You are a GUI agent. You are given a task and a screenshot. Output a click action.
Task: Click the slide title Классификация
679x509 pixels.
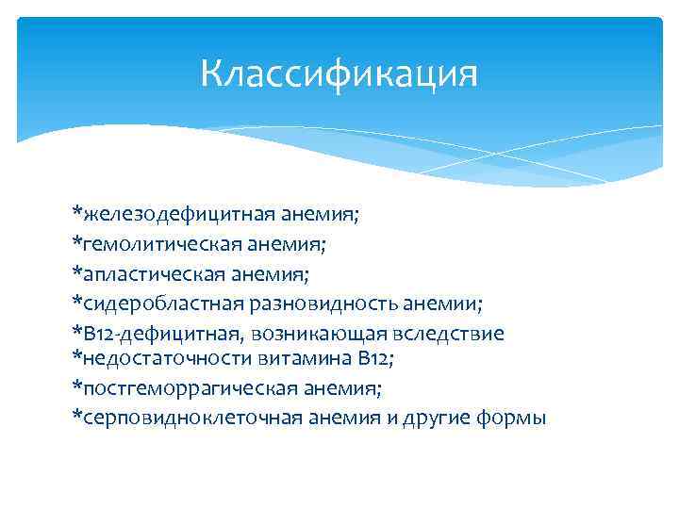pyautogui.click(x=339, y=73)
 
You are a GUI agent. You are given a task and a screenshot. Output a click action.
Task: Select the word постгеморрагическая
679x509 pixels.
pyautogui.click(x=183, y=387)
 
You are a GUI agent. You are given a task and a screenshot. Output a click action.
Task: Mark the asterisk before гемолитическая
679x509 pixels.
pyautogui.click(x=77, y=242)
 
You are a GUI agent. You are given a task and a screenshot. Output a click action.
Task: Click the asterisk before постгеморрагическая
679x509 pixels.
pyautogui.click(x=77, y=386)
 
